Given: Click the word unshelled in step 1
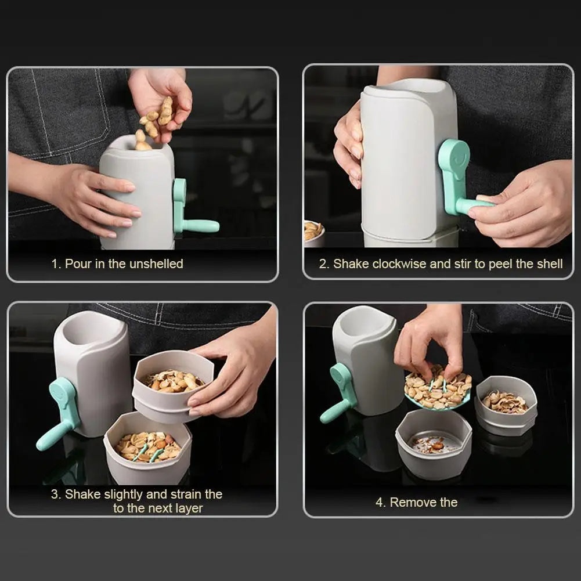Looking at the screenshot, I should pos(156,264).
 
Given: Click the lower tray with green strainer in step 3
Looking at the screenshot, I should pos(147,447).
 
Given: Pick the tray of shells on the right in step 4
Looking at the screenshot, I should pos(506,404).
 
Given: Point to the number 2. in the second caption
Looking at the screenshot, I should pos(324,264).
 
